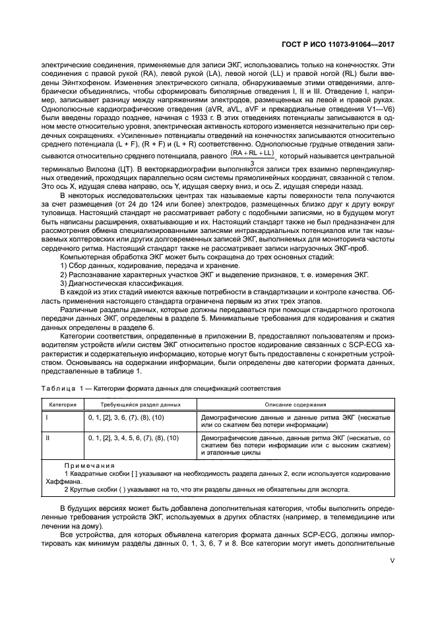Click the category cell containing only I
coord(46,418)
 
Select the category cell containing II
coord(47,438)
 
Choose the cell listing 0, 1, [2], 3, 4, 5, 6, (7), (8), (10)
coord(134,438)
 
